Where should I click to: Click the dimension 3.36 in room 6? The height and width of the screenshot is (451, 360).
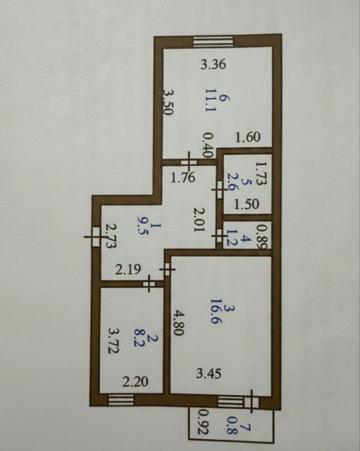(x=213, y=64)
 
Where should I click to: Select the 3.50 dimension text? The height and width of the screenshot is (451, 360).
(x=169, y=102)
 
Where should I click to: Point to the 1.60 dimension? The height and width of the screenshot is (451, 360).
(x=248, y=137)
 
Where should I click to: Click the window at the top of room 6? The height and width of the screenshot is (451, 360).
(x=213, y=42)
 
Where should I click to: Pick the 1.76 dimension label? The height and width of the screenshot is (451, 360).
(x=183, y=177)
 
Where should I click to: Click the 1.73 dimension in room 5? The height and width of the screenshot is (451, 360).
(x=261, y=173)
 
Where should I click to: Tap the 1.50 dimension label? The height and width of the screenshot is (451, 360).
(x=247, y=204)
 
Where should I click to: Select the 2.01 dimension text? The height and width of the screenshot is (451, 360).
(x=199, y=219)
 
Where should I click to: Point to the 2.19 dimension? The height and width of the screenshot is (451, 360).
(x=128, y=269)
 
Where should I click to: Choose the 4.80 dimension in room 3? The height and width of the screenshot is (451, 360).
(x=178, y=322)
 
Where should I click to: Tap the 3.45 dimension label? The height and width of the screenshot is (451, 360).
(x=209, y=374)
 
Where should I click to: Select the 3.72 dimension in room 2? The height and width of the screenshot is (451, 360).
(x=113, y=341)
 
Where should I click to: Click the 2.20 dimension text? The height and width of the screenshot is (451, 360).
(x=135, y=381)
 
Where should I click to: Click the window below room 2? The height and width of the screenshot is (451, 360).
(x=121, y=400)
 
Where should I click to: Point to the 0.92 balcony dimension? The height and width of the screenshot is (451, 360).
(x=204, y=421)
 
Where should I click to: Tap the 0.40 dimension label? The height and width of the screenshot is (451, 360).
(x=207, y=145)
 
